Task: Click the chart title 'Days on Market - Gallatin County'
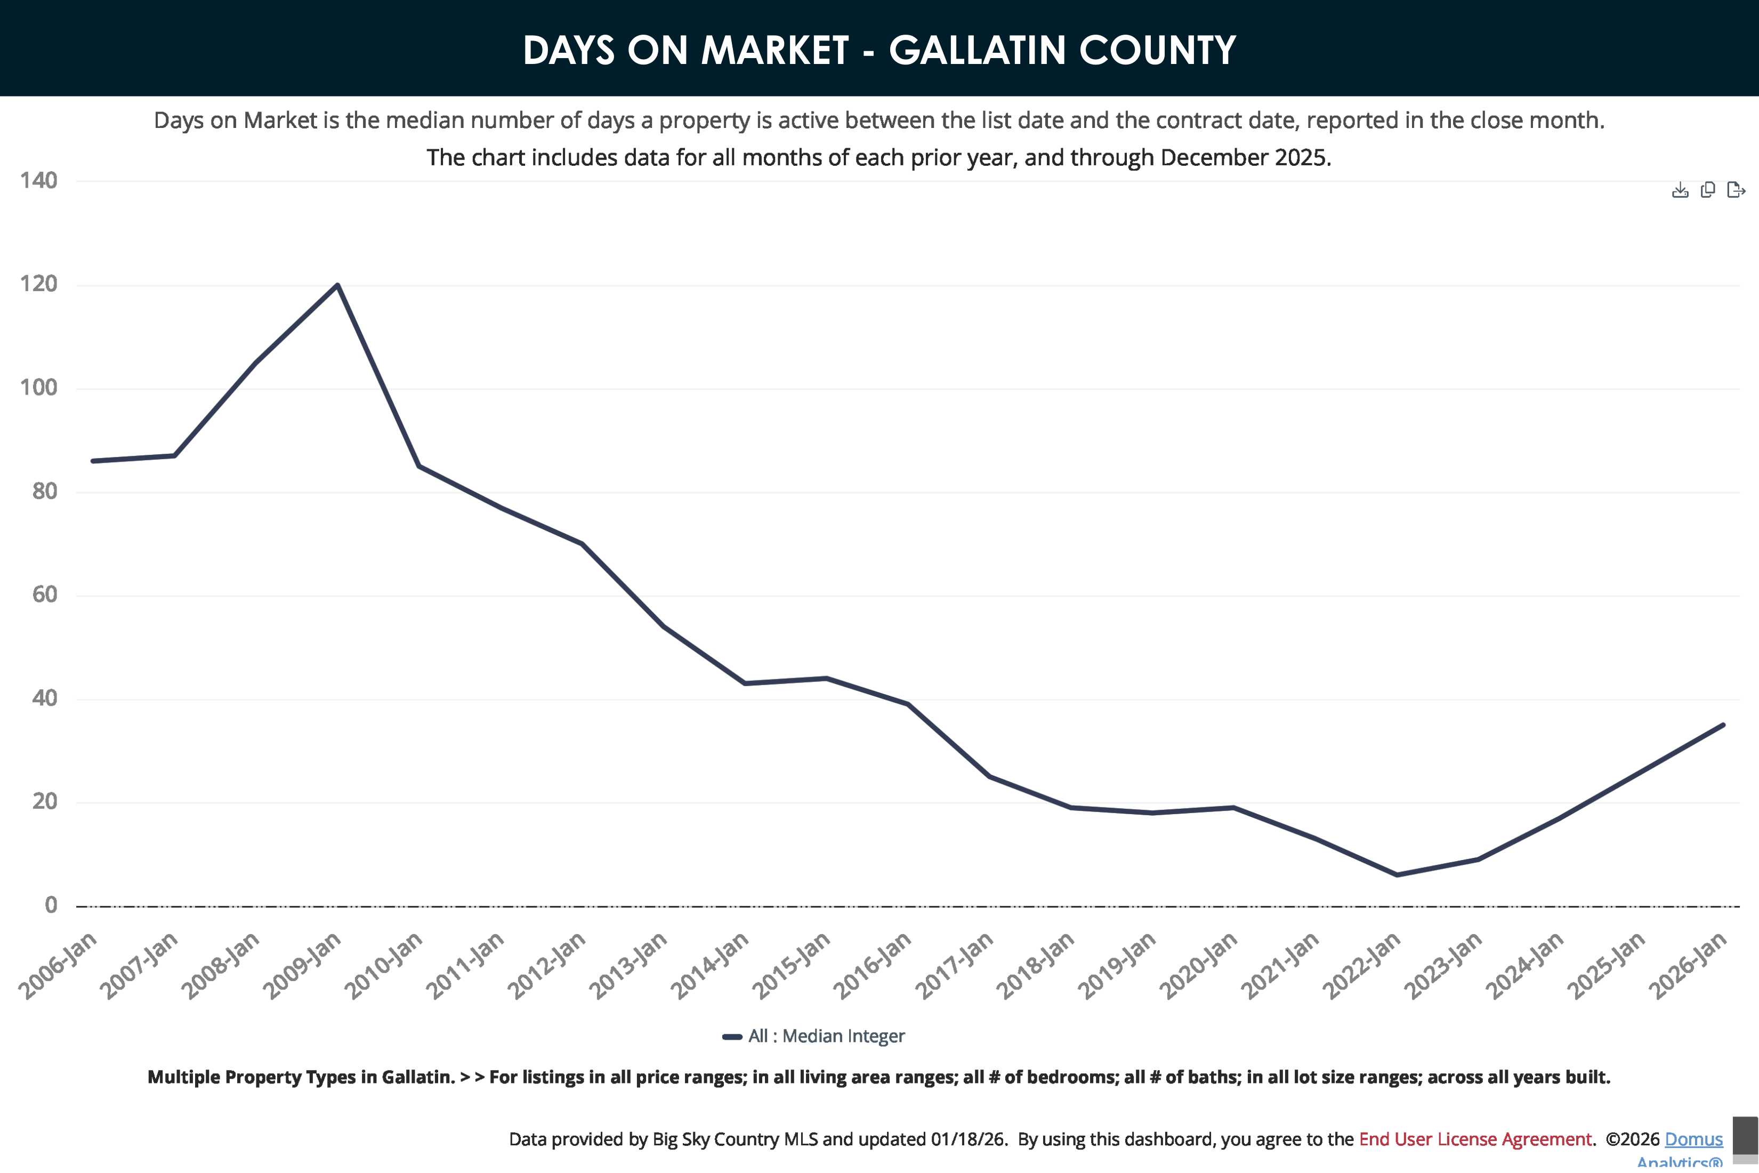[879, 50]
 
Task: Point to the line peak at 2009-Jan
[338, 285]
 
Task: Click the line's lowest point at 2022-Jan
[1397, 874]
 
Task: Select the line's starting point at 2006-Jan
[93, 461]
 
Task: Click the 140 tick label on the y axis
[38, 180]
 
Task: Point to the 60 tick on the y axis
[44, 594]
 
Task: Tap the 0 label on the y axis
[50, 905]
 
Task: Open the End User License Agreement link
[1475, 1138]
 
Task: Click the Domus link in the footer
[1693, 1138]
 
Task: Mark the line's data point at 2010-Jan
[419, 465]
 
